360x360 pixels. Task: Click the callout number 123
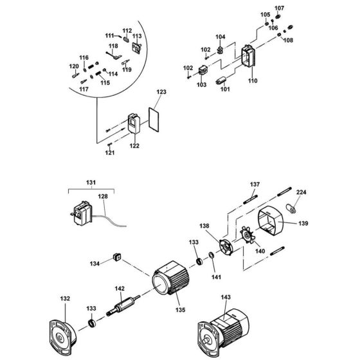tap(161, 93)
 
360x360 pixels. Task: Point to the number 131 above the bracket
tap(91, 182)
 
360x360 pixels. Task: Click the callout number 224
tap(301, 192)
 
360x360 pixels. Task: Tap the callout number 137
tap(255, 184)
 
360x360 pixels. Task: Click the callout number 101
tap(224, 89)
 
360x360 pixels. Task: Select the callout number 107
tap(278, 8)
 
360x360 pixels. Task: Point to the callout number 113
tap(136, 37)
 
